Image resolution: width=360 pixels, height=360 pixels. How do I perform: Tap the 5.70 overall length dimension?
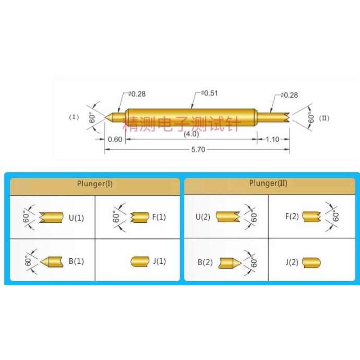coord(198,150)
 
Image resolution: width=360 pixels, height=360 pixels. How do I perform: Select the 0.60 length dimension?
coord(115,139)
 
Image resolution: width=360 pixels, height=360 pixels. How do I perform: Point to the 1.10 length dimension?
coord(273,139)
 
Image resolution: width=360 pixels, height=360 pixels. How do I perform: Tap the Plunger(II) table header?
coord(268,184)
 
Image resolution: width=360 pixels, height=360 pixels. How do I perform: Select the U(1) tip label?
coord(76,218)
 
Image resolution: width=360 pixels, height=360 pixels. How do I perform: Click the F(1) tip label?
coord(159,217)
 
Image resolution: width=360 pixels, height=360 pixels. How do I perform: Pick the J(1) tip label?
coord(159,261)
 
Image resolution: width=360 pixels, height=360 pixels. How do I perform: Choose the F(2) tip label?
coord(292,216)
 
